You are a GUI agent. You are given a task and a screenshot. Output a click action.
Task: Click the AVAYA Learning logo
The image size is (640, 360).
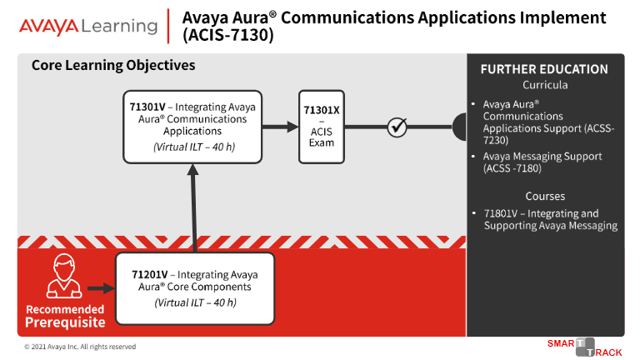click(88, 26)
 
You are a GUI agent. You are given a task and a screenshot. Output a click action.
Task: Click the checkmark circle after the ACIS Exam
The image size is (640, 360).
click(397, 127)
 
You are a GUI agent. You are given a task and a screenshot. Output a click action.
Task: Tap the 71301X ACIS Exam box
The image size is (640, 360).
click(322, 127)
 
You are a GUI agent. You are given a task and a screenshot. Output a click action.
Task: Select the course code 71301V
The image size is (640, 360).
click(147, 107)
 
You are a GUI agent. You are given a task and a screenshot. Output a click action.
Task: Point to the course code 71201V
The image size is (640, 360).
click(149, 275)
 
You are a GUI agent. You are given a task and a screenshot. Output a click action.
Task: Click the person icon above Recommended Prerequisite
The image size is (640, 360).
click(64, 276)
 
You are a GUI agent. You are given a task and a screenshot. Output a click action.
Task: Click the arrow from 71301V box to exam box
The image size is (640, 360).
click(280, 127)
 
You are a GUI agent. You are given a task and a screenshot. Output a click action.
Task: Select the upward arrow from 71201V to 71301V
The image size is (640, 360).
click(193, 208)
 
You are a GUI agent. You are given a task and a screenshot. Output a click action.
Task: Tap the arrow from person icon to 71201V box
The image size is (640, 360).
click(102, 288)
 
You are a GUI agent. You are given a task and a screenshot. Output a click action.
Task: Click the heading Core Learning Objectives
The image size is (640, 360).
click(113, 65)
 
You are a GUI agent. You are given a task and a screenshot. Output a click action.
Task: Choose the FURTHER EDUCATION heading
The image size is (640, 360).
click(544, 69)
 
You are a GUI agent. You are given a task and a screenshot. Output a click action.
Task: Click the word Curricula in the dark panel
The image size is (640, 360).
click(545, 85)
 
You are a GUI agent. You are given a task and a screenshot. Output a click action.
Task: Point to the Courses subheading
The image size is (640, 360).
click(545, 197)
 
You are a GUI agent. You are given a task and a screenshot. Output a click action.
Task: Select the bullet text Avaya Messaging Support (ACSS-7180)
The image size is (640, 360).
click(542, 162)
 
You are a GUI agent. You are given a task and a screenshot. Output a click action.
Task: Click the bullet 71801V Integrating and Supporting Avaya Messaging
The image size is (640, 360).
click(551, 220)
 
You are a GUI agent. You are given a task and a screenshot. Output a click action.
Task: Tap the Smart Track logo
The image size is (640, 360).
click(584, 347)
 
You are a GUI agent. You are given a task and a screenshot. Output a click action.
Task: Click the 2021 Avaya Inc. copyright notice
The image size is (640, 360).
click(80, 347)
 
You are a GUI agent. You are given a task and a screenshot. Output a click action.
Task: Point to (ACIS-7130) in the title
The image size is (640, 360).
click(228, 35)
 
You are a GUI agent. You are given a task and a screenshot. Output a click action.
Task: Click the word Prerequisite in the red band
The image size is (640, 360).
click(65, 322)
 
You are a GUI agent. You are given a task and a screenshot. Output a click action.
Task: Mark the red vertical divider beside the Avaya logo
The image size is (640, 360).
click(168, 26)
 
